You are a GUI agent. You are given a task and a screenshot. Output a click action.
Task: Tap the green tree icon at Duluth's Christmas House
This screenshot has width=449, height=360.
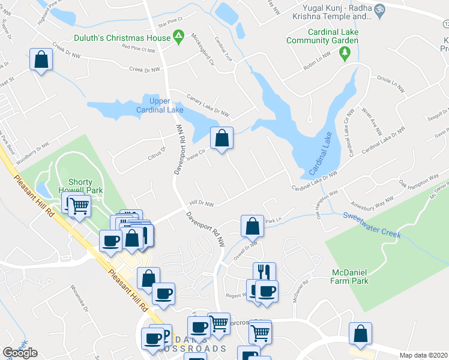pos(179,38)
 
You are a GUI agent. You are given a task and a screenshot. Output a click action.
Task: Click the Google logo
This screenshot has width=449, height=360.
pos(20,352)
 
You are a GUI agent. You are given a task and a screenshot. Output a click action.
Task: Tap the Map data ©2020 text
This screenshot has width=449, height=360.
pos(424,355)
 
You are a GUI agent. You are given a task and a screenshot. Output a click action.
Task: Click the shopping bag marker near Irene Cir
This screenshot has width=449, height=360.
pos(221,139)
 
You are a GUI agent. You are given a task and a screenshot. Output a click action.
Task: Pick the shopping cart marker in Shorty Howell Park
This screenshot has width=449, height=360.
pos(79,207)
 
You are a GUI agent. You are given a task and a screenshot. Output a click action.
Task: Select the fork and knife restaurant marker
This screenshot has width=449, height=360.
pos(264,273)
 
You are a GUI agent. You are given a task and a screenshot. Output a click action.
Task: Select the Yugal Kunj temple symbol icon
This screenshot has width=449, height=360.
pos(379,10)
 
